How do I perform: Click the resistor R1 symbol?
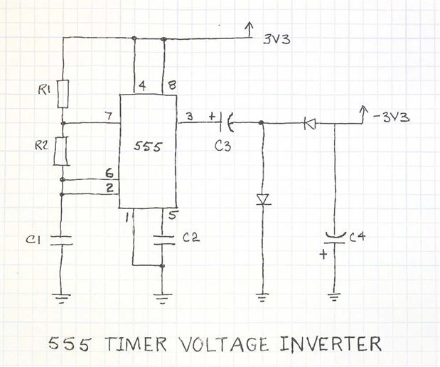point(63,92)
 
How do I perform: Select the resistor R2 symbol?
point(63,151)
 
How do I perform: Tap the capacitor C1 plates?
point(63,239)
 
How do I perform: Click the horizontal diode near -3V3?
point(309,124)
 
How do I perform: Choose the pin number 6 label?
point(108,173)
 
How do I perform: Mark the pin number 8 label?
point(172,86)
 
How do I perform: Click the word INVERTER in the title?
point(328,344)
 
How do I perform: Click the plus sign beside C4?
point(323,254)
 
